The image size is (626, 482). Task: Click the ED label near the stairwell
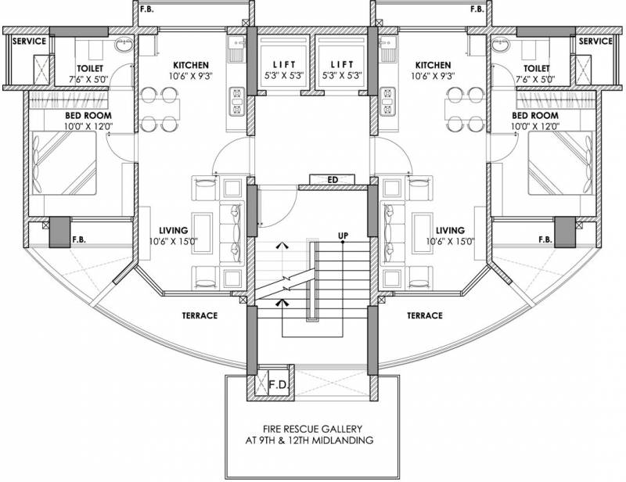pyautogui.click(x=333, y=180)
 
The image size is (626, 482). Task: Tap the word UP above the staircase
pyautogui.click(x=343, y=235)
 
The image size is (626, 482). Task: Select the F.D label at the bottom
pyautogui.click(x=278, y=385)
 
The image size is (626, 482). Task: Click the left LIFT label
pyautogui.click(x=282, y=65)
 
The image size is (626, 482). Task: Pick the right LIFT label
pyautogui.click(x=343, y=65)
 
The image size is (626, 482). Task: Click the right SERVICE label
pyautogui.click(x=595, y=41)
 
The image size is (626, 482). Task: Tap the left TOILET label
pyautogui.click(x=91, y=68)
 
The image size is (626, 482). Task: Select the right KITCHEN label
pyautogui.click(x=433, y=65)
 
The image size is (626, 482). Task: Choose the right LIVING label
pyautogui.click(x=451, y=231)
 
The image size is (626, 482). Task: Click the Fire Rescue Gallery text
pyautogui.click(x=311, y=435)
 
